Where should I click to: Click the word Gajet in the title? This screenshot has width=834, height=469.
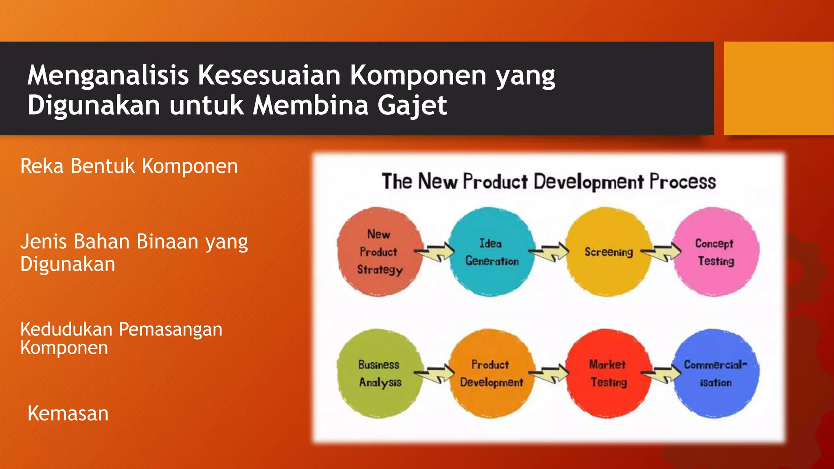[x=412, y=105]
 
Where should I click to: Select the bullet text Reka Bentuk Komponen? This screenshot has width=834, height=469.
[x=129, y=166]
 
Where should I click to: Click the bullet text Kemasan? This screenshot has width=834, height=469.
[x=68, y=414]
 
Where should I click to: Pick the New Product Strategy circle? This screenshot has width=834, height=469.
[x=380, y=252]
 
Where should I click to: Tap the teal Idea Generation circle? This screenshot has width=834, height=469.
[x=492, y=252]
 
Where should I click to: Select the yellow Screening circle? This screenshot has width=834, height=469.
[x=608, y=252]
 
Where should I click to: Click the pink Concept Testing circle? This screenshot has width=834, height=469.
[x=716, y=252]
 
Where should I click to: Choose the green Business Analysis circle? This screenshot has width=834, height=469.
[x=380, y=373]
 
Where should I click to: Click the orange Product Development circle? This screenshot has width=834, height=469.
[x=492, y=373]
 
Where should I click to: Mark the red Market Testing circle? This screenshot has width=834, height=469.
[x=608, y=373]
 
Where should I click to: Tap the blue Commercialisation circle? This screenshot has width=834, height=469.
[x=716, y=373]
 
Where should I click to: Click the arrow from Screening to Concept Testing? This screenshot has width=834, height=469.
[x=662, y=252]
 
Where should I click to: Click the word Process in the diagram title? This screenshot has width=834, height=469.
[x=683, y=182]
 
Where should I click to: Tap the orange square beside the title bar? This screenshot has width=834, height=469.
[x=778, y=88]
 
